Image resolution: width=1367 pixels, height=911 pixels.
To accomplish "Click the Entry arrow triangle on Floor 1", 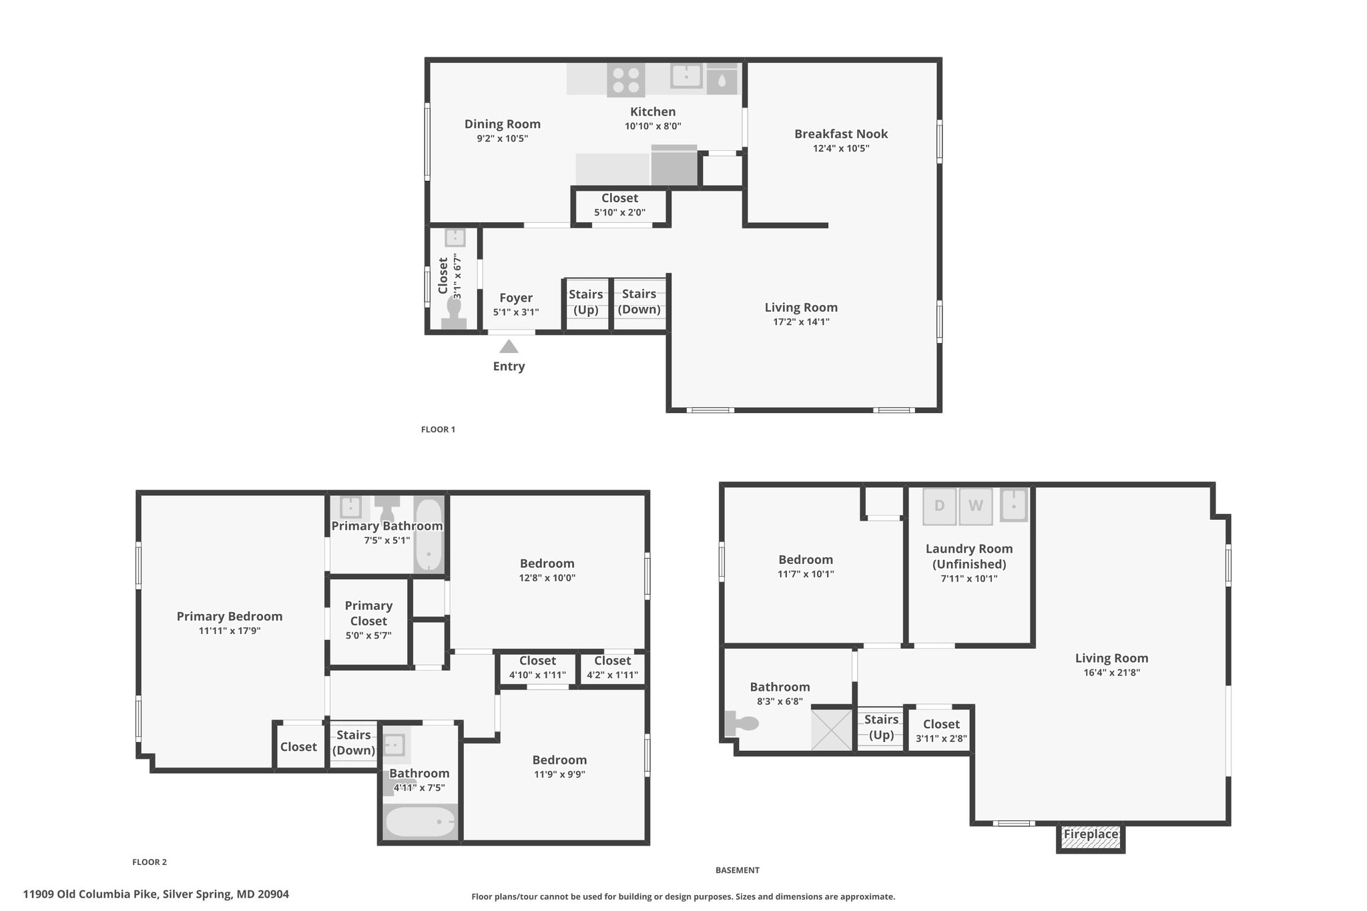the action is (x=509, y=346).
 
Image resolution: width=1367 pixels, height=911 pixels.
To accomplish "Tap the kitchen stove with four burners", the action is (x=626, y=79).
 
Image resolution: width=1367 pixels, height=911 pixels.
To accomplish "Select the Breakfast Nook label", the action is (x=841, y=133).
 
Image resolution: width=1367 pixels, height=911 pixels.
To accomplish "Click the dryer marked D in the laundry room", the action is (x=939, y=507).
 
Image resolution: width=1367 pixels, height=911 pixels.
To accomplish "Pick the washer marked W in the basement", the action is (x=976, y=507).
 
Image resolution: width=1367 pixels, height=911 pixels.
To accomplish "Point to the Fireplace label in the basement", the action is (x=1091, y=834).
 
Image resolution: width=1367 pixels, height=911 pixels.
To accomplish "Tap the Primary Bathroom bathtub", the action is (x=429, y=534).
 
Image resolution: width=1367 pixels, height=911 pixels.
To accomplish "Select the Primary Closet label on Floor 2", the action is (x=368, y=613).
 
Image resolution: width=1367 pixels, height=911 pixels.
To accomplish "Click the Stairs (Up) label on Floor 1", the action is (x=586, y=302).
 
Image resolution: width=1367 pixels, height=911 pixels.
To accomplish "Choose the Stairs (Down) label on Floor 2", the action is (x=354, y=742).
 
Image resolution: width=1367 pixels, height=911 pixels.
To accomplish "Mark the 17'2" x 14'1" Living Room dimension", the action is (x=801, y=322).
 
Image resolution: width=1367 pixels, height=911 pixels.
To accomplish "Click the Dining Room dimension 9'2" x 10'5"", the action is (x=503, y=139).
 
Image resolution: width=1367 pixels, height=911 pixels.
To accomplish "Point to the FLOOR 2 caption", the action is (x=150, y=862).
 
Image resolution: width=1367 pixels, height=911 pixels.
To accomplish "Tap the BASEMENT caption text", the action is (x=738, y=870).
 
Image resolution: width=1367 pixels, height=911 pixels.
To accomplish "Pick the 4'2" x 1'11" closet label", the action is (x=613, y=668).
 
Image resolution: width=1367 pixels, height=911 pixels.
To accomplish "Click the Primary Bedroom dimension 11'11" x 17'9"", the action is (x=230, y=630).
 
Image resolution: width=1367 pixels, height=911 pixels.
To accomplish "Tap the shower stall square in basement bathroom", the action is (x=832, y=729).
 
